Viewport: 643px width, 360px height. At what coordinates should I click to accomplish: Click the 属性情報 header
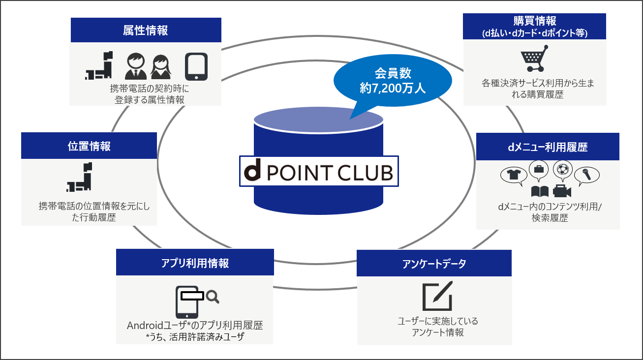145,30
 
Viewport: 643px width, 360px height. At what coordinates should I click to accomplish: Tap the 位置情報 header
89,146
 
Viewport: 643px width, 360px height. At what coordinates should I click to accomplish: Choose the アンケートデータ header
434,264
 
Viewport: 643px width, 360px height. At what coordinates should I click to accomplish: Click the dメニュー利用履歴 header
548,147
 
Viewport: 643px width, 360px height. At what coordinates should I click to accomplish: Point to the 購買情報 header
535,26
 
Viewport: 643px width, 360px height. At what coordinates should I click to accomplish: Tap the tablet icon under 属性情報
196,66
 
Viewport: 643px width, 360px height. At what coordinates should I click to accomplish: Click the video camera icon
561,191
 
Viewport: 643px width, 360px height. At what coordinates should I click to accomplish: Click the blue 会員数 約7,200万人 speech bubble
393,82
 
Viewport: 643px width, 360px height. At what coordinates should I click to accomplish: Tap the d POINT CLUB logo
319,171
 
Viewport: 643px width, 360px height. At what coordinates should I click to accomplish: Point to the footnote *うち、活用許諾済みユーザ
195,337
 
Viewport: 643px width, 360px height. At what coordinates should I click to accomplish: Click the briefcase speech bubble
539,170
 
